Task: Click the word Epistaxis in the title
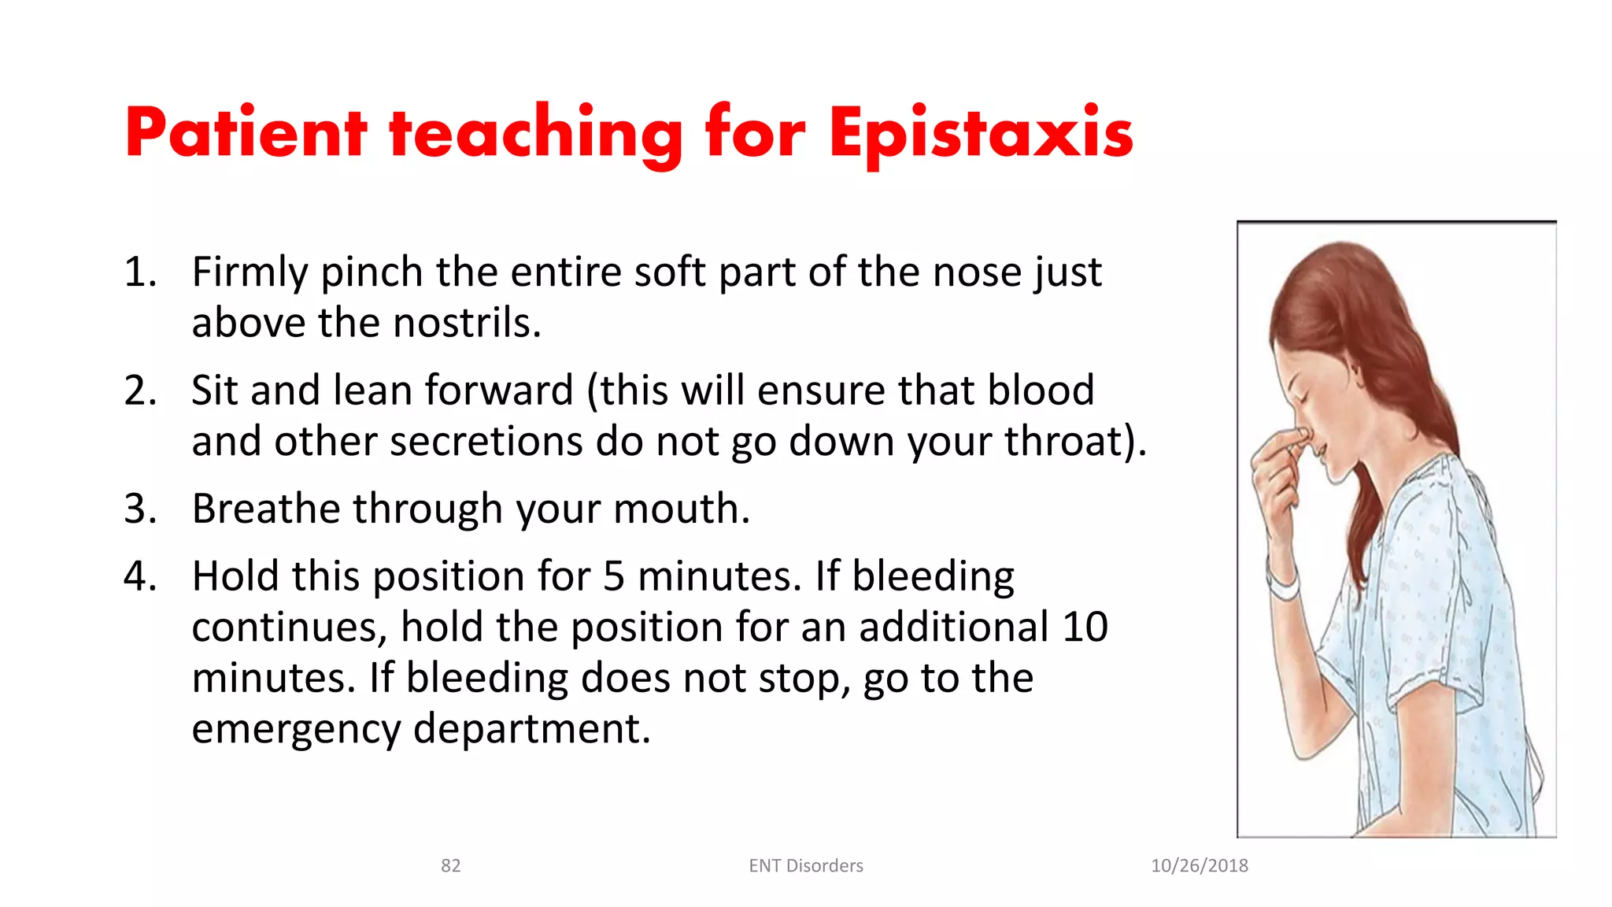coord(980,134)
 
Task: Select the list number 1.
coord(140,272)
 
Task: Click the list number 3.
coord(140,509)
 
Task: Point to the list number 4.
coord(140,576)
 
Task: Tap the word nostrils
coord(466,324)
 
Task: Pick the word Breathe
coord(268,509)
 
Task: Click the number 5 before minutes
coord(614,576)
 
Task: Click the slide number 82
coord(450,866)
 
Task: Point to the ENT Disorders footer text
coord(805,866)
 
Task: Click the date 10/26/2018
coord(1199,866)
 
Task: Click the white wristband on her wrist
coord(1284,587)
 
